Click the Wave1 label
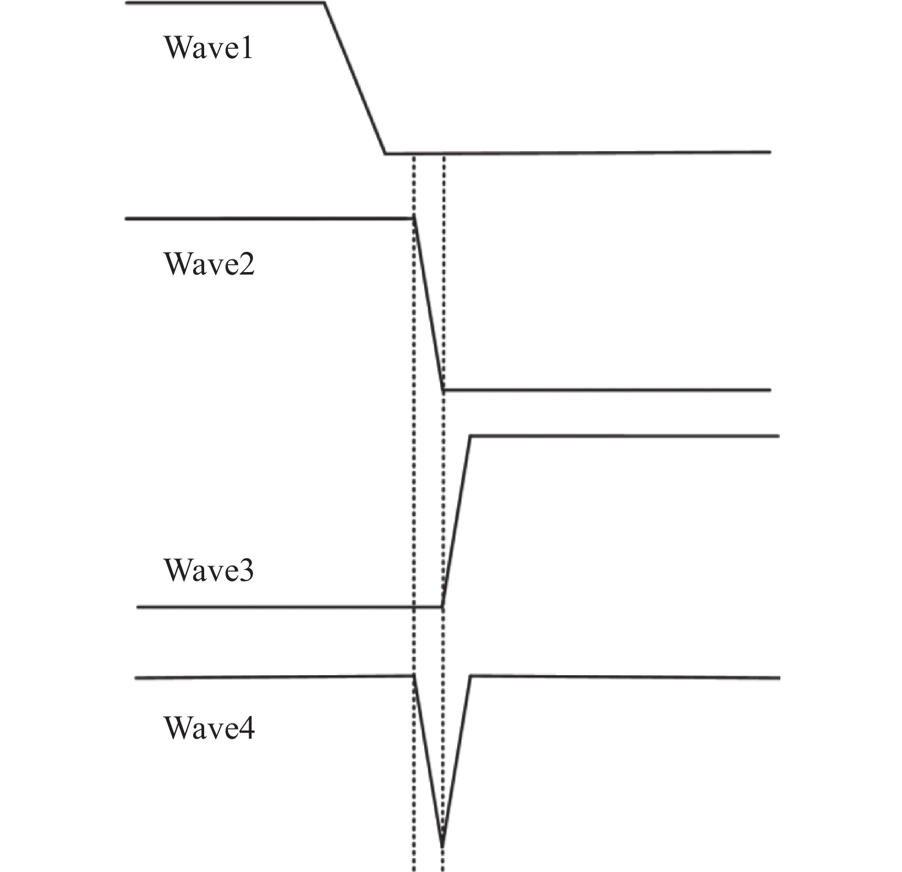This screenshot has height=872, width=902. (208, 48)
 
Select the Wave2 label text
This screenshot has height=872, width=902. (209, 264)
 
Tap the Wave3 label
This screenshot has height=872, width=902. (209, 570)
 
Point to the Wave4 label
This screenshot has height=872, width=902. (209, 728)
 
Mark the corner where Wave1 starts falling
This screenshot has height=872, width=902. (324, 4)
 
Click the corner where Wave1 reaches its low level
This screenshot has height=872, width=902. (385, 152)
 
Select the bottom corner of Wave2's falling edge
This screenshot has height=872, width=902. (443, 390)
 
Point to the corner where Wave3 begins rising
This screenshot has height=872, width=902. (442, 607)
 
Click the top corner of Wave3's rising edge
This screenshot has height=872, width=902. (470, 436)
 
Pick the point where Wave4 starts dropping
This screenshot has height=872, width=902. (414, 676)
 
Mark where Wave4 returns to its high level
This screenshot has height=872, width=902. (470, 676)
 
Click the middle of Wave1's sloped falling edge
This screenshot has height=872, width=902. (354, 78)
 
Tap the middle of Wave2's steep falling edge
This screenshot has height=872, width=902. (428, 304)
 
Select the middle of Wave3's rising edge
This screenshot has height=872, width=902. (456, 521)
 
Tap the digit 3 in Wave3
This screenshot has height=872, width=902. (246, 570)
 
